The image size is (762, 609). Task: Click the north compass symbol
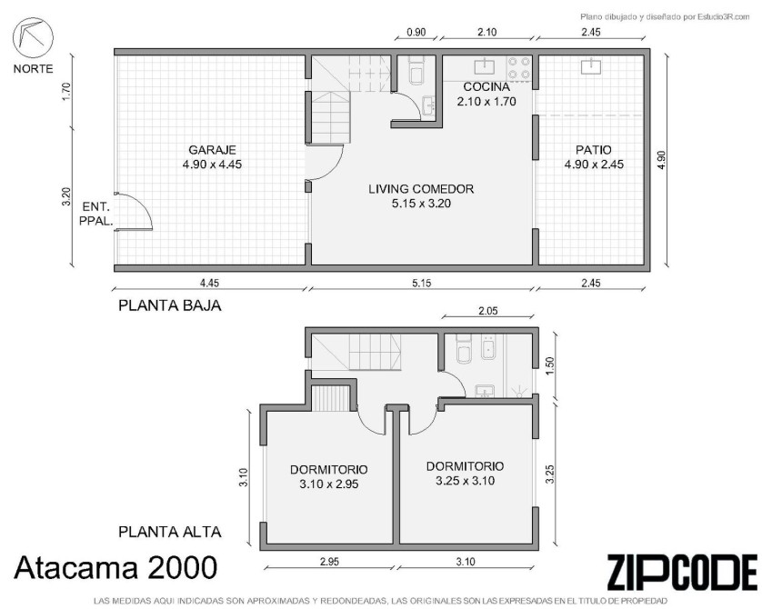[33, 37]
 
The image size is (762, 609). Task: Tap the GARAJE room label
[212, 150]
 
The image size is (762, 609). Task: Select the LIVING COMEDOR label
[421, 189]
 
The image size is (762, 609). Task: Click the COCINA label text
[486, 87]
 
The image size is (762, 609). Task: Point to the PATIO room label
[594, 150]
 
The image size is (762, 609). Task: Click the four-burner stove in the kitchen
[519, 68]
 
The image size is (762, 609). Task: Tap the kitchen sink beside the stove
[484, 65]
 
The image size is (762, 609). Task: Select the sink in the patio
[590, 66]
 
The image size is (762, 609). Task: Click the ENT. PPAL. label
[96, 214]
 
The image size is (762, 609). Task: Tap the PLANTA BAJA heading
[170, 305]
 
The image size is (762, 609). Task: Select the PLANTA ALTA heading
[170, 532]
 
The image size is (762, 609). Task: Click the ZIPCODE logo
[681, 572]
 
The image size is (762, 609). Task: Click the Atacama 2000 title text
[115, 568]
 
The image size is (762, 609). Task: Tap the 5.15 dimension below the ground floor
[421, 283]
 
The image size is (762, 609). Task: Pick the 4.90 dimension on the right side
[661, 160]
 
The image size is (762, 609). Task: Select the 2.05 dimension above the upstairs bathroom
[487, 311]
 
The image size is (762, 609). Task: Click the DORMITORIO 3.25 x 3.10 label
[465, 474]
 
